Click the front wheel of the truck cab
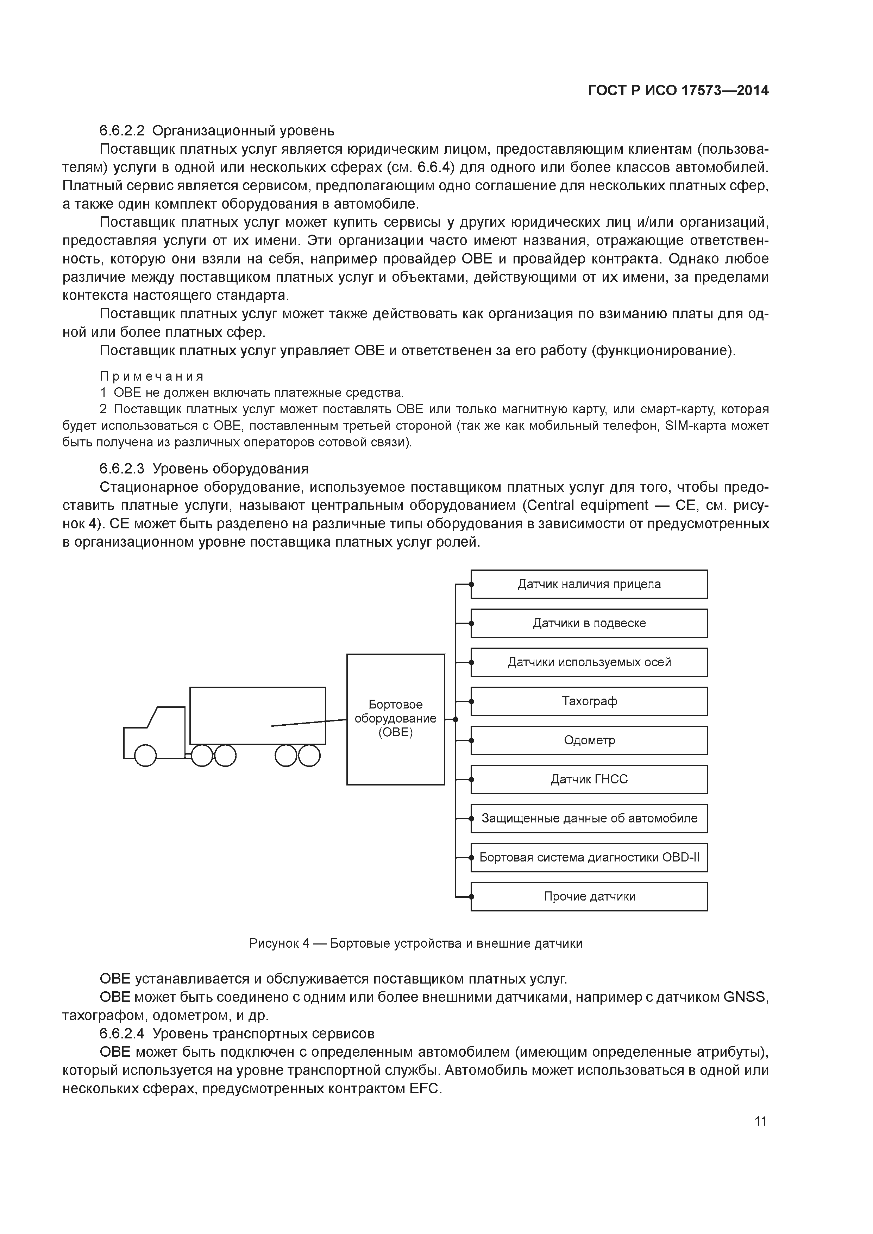tap(145, 756)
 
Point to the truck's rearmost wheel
tap(309, 756)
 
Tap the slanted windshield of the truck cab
tap(152, 717)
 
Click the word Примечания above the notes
tap(152, 376)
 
